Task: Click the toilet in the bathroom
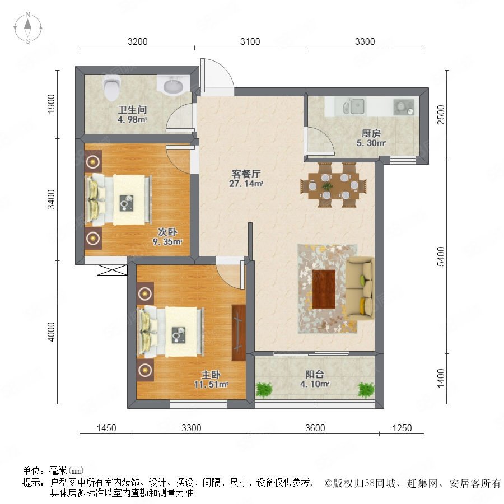point(112,87)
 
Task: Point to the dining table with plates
point(333,185)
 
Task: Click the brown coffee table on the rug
point(324,290)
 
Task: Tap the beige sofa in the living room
point(360,289)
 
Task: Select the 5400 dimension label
point(441,256)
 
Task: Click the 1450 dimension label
point(106,428)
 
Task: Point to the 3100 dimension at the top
point(250,41)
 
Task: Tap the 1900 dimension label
point(51,104)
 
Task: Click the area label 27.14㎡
point(246,184)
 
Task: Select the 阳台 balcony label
point(314,374)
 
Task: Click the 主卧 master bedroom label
point(211,375)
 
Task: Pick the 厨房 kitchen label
point(371,133)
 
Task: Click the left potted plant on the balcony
point(264,390)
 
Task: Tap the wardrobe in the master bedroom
point(239,332)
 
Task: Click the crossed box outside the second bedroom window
point(112,270)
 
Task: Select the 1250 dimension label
point(402,428)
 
